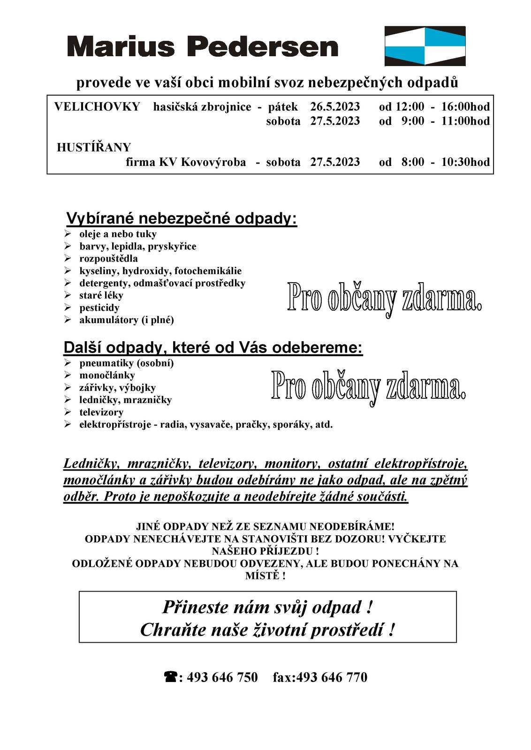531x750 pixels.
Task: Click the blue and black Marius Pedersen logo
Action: (x=425, y=46)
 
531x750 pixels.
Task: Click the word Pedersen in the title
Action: (x=262, y=47)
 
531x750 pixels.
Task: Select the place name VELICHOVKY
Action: (x=97, y=107)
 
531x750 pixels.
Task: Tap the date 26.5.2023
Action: (x=335, y=107)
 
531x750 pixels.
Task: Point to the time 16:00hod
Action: (x=465, y=107)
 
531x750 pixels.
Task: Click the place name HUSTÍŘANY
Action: (x=94, y=148)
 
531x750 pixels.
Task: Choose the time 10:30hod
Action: (x=465, y=162)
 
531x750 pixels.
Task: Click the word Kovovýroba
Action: (x=213, y=162)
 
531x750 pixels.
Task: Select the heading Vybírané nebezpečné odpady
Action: (x=182, y=219)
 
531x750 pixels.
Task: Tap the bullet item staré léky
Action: (x=101, y=295)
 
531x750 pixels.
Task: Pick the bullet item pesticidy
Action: (x=99, y=308)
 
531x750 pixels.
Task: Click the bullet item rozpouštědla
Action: (x=108, y=259)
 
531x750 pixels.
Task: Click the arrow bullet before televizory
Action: (x=68, y=412)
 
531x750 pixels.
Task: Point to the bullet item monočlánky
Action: (x=107, y=375)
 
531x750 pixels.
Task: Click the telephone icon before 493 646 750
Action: (x=170, y=677)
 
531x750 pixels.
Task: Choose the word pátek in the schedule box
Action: (x=283, y=107)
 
